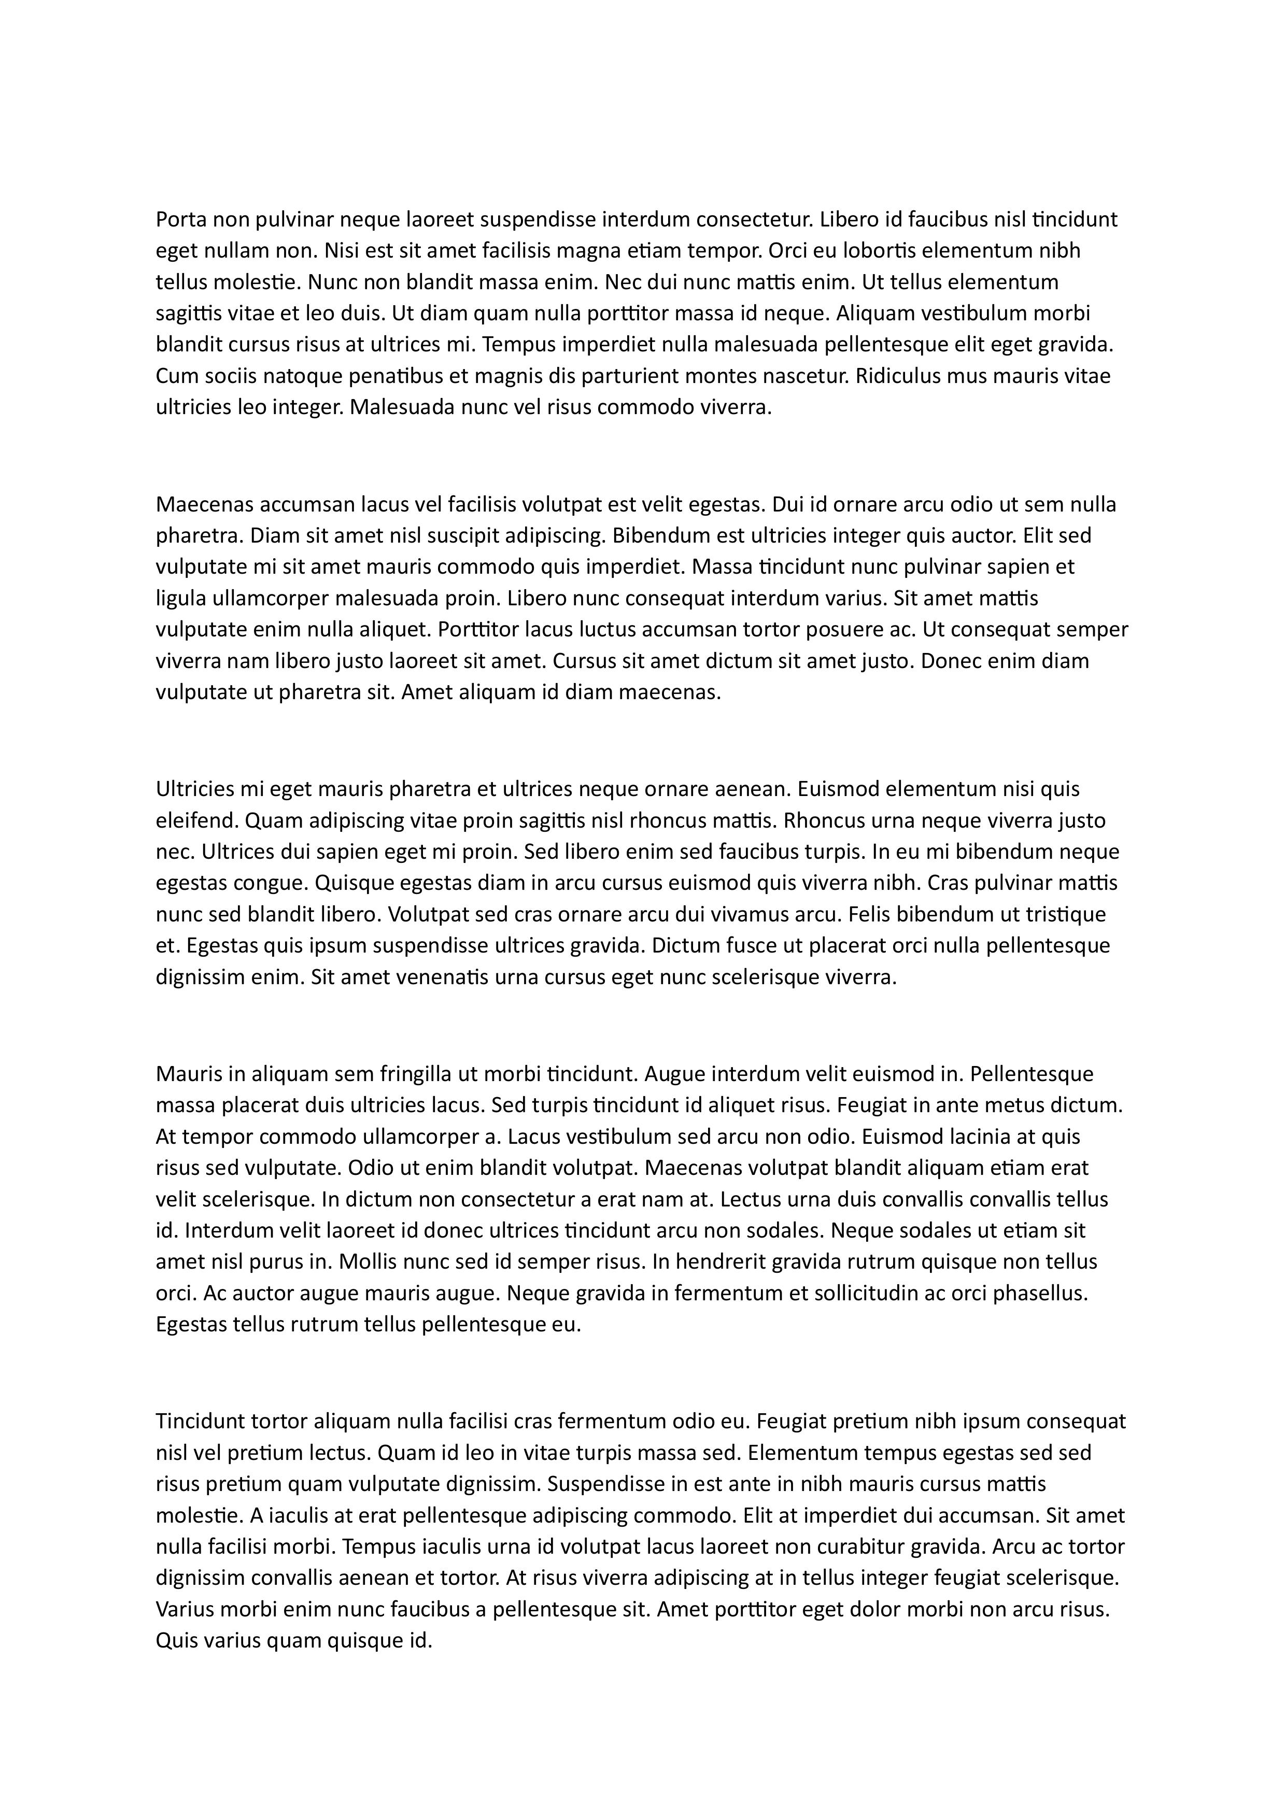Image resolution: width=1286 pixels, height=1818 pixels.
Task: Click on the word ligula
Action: (181, 598)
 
